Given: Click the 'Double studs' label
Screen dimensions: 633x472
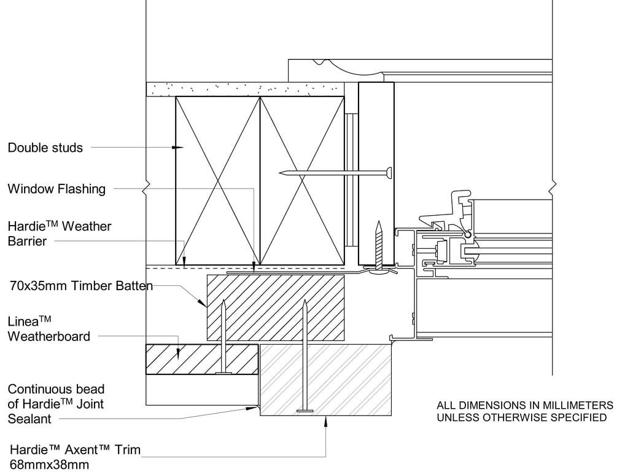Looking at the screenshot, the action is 45,147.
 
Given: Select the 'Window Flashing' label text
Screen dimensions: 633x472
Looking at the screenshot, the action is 56,189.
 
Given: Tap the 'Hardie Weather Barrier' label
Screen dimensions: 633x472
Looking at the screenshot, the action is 60,234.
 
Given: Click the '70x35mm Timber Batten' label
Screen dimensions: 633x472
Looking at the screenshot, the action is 81,286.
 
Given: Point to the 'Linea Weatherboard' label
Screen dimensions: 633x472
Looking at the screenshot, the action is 49,329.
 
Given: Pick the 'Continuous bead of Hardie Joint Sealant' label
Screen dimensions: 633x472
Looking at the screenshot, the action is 56,404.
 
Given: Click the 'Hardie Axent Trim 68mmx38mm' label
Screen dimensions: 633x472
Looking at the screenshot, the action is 75,457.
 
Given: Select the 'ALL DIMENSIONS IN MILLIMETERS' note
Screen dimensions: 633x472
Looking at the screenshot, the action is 525,406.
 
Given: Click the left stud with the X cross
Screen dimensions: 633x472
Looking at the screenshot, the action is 217,181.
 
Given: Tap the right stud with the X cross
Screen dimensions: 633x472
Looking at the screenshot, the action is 302,181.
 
